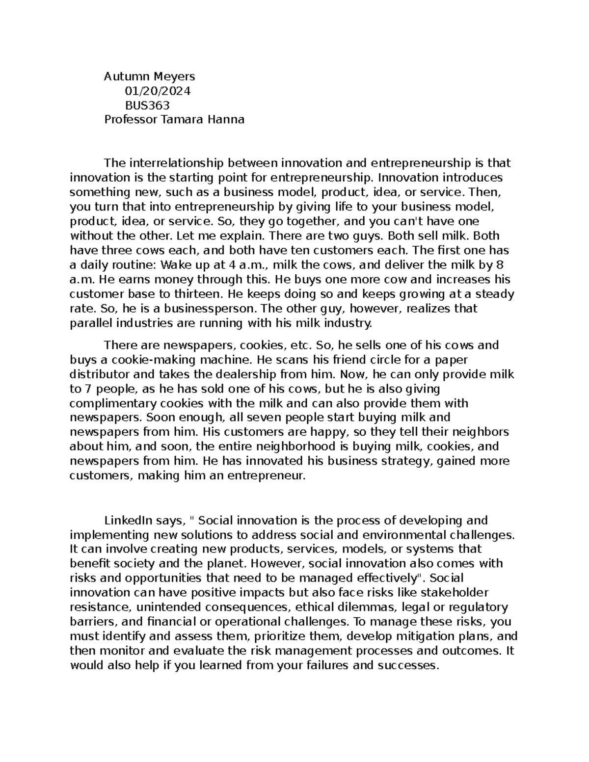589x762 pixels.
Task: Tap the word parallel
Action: [91, 323]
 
